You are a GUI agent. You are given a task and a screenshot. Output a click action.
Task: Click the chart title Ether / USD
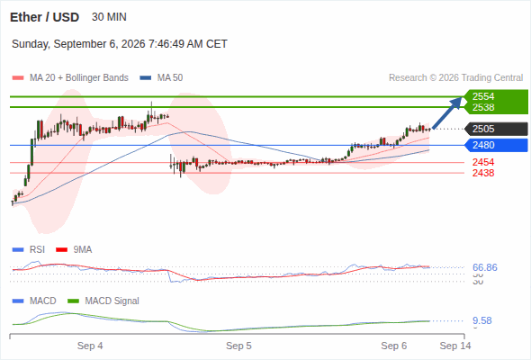(44, 17)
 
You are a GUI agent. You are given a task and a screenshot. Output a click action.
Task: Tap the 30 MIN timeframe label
(109, 17)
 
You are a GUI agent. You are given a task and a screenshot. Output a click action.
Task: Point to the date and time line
(120, 44)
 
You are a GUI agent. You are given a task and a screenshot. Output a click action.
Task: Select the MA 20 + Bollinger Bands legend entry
(70, 78)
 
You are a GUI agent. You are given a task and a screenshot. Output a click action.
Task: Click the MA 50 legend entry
(161, 78)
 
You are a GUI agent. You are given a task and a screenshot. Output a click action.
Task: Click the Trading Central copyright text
(455, 78)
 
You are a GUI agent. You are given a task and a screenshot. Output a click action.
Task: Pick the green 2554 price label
(483, 96)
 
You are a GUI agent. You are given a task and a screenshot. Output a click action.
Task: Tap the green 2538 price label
(483, 107)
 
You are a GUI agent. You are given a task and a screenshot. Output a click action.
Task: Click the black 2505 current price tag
(496, 129)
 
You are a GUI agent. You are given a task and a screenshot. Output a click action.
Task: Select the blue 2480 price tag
(496, 145)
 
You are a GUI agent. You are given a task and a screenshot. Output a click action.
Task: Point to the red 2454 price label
(483, 162)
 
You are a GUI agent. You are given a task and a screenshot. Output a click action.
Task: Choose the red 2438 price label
(483, 173)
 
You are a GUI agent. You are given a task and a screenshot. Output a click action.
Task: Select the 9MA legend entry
(74, 250)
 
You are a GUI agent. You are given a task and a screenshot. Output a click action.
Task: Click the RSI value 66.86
(485, 267)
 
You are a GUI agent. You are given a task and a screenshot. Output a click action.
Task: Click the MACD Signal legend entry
(103, 301)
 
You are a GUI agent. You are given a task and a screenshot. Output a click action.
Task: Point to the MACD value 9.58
(482, 320)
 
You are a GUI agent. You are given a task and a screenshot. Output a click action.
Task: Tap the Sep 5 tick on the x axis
(238, 346)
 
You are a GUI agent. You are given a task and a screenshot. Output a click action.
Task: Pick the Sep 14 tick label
(455, 346)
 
